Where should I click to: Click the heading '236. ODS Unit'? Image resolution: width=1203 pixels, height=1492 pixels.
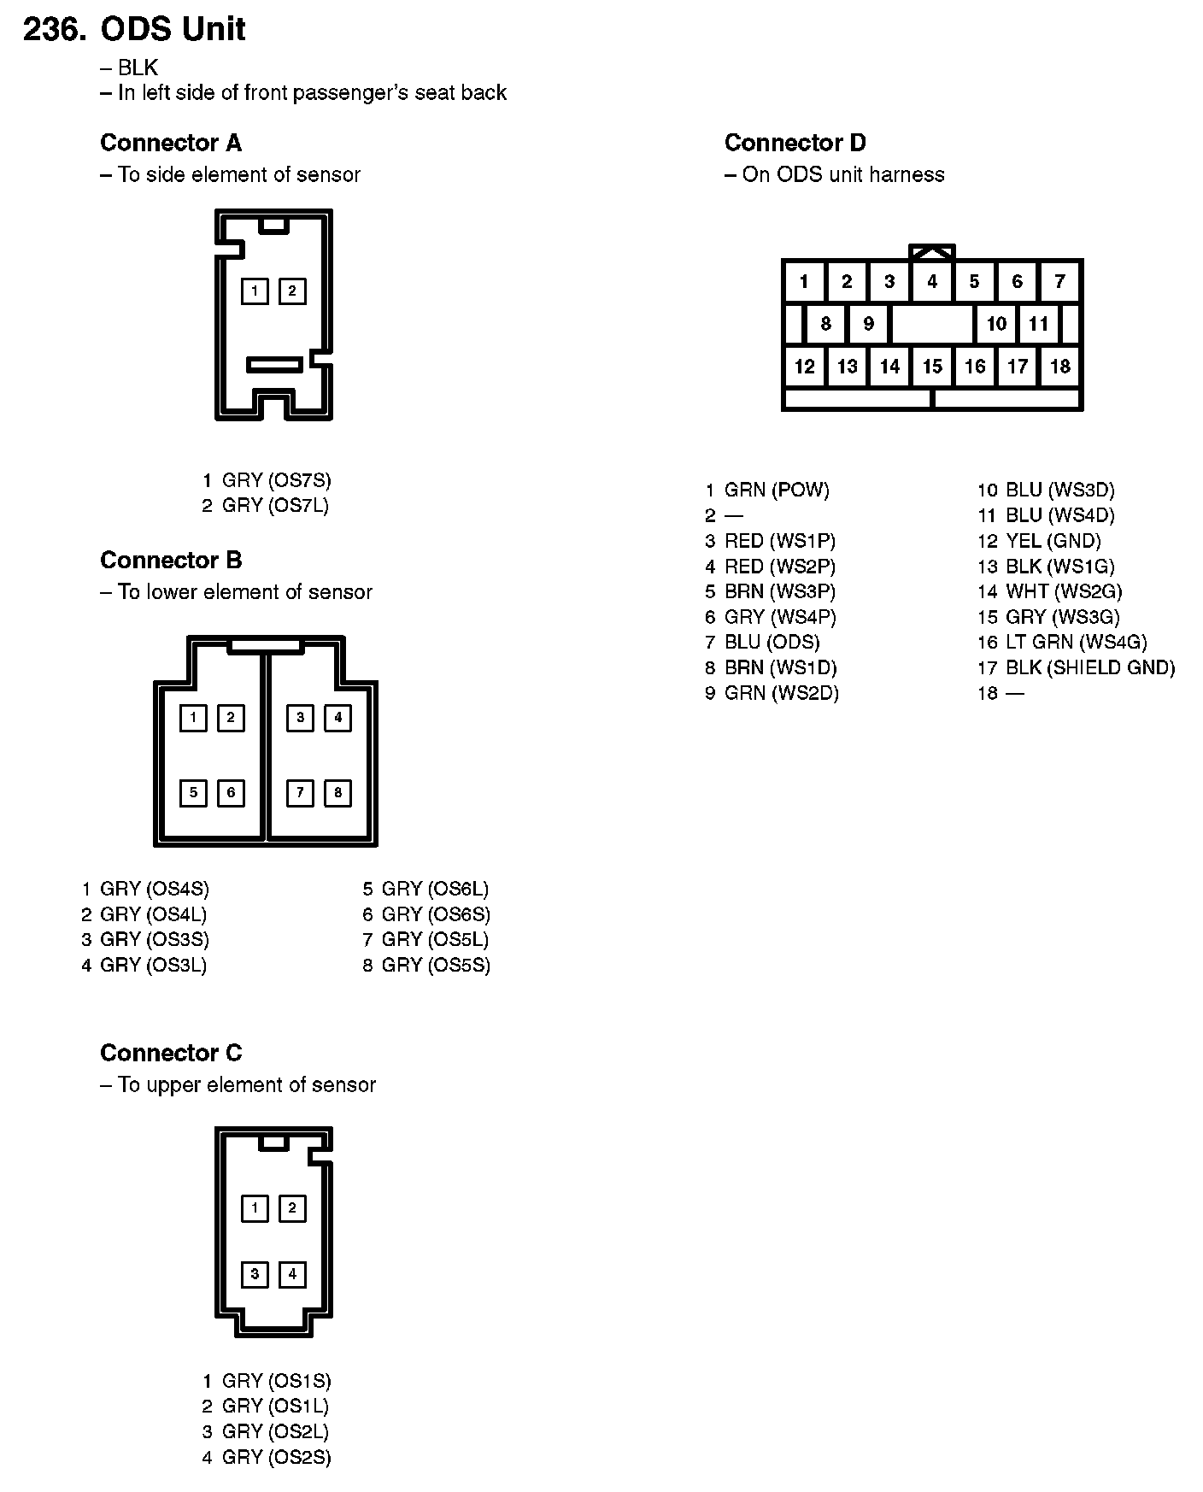(x=134, y=29)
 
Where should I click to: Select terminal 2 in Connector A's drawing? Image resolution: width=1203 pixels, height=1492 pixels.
(x=292, y=291)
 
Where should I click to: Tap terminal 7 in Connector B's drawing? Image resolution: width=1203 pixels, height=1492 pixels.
(x=300, y=793)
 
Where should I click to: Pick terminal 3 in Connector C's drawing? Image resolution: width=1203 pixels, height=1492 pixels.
(x=255, y=1274)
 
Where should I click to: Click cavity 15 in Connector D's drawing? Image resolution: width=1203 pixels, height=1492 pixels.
(x=932, y=367)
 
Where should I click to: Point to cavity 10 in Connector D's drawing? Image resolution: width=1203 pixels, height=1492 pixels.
(x=996, y=324)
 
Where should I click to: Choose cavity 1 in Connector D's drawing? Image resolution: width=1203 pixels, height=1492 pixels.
(x=804, y=281)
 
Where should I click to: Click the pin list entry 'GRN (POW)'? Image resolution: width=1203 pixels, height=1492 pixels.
(x=776, y=490)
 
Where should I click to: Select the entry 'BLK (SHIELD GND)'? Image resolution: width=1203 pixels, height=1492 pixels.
(x=1089, y=668)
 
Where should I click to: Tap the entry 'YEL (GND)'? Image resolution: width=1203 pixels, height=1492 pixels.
(x=1053, y=541)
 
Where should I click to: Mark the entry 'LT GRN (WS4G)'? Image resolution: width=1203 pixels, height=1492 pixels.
(x=1076, y=643)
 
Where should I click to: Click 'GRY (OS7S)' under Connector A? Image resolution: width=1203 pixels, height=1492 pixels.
(x=276, y=480)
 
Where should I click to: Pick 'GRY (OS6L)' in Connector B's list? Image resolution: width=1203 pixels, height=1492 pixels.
(x=435, y=889)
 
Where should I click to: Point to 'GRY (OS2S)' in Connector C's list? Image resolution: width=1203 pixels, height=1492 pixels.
(x=276, y=1457)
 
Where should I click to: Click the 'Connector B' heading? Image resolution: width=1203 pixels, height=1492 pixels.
(x=171, y=561)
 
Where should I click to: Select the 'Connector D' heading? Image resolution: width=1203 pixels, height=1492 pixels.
(x=795, y=143)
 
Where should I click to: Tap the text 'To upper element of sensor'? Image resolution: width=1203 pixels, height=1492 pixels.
(x=246, y=1084)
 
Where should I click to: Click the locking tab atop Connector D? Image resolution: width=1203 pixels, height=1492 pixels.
(x=932, y=251)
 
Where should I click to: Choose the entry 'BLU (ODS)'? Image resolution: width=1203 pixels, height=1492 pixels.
(x=772, y=643)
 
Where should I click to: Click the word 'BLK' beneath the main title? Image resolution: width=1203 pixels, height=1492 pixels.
(x=138, y=68)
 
